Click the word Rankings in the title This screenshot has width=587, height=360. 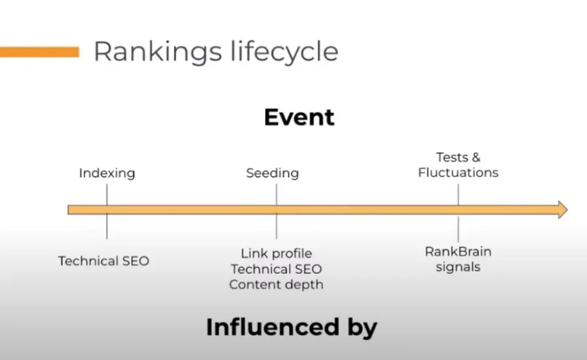point(158,52)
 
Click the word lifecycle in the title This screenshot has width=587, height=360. point(285,52)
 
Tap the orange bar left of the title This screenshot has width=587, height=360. point(39,52)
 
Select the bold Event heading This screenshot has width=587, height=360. point(299,117)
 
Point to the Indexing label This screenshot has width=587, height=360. point(107,174)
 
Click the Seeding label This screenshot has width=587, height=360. point(273,174)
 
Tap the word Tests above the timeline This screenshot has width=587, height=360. point(452,158)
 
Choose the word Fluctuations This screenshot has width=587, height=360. point(458,172)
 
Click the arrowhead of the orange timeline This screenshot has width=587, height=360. point(563,209)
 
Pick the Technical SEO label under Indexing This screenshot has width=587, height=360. point(104,261)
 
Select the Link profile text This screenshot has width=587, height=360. point(276,253)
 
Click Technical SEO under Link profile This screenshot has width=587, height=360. point(276,269)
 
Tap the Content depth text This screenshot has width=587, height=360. point(276,285)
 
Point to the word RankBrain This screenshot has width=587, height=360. point(458,251)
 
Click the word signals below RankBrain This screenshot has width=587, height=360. point(458,267)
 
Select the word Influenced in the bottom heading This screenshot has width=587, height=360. point(273,327)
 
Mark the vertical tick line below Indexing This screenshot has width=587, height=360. point(107,211)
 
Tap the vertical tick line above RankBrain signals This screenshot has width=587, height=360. point(458,229)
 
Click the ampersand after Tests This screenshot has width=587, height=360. point(476,158)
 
